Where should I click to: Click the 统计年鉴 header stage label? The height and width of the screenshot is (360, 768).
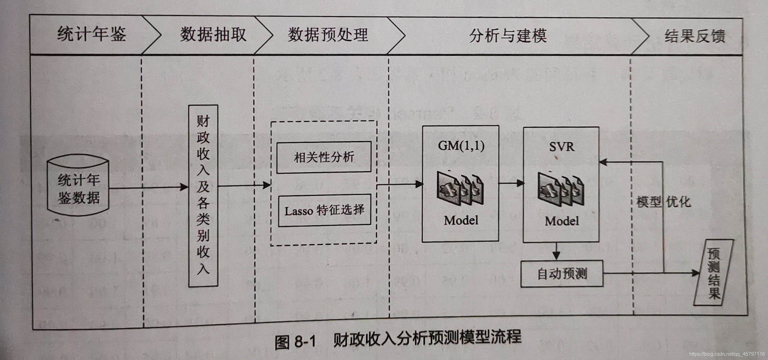point(92,34)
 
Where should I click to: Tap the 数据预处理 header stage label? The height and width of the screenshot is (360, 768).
point(328,35)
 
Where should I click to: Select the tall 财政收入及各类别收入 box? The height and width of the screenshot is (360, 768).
point(203,195)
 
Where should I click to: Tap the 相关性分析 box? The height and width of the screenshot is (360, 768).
point(324,157)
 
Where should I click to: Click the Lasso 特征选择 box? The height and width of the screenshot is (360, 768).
point(324,211)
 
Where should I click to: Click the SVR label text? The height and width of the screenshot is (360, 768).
point(562,147)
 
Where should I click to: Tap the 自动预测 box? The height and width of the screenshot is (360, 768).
point(562,274)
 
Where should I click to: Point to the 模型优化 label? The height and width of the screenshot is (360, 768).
point(663,202)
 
